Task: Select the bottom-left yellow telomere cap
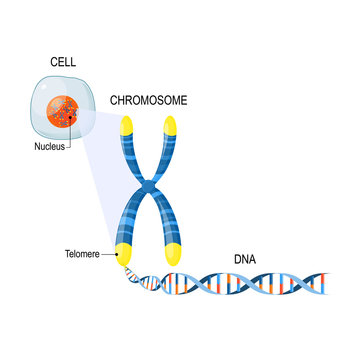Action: [x=128, y=254]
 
